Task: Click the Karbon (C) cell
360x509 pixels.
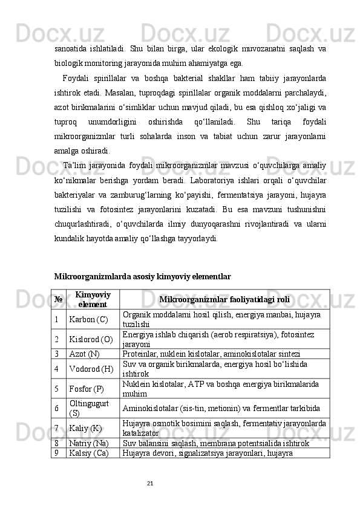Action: pyautogui.click(x=88, y=319)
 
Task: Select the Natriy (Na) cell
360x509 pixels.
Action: pyautogui.click(x=89, y=443)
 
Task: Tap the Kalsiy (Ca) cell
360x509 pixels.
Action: pyautogui.click(x=88, y=453)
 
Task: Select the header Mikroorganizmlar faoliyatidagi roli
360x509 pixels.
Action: pyautogui.click(x=224, y=299)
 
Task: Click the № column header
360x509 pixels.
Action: pyautogui.click(x=59, y=299)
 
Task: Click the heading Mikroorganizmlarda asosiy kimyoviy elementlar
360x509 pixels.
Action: pyautogui.click(x=142, y=276)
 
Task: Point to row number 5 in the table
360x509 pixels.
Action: pyautogui.click(x=56, y=388)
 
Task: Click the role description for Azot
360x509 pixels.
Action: pyautogui.click(x=215, y=354)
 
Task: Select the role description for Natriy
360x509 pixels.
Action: pyautogui.click(x=217, y=443)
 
